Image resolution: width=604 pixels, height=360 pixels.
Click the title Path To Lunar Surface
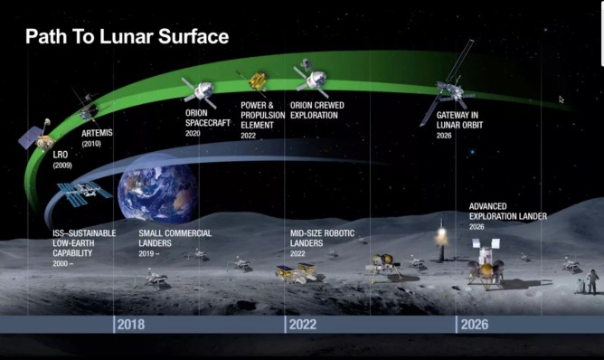(x=127, y=37)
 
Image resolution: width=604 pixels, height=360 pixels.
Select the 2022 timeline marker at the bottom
(x=305, y=325)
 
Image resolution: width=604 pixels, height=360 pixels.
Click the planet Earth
(x=157, y=193)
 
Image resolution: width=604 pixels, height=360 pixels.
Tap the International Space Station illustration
(x=83, y=191)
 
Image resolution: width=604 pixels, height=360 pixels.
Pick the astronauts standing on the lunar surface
(x=589, y=281)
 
